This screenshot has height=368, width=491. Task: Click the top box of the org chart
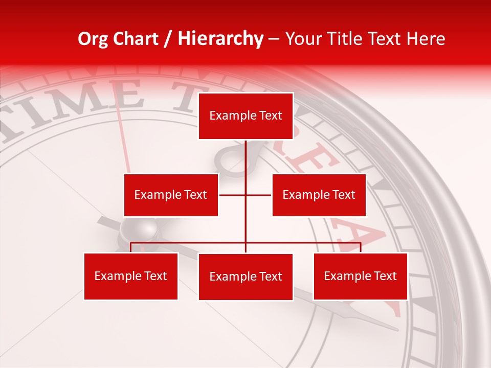tap(245, 116)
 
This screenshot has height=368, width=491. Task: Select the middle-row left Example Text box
tap(171, 195)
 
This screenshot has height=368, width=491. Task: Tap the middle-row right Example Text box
tap(319, 195)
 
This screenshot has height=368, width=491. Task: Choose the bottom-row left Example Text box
tap(130, 276)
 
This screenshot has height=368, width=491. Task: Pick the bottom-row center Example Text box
tap(245, 277)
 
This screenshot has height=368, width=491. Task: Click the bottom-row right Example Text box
tap(360, 276)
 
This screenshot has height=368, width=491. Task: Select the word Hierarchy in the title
tap(220, 39)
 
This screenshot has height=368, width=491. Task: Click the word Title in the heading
tap(349, 39)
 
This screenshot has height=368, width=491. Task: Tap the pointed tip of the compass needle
tap(396, 329)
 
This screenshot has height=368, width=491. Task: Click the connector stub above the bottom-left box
tap(130, 247)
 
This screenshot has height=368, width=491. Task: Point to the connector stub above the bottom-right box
tap(361, 247)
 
